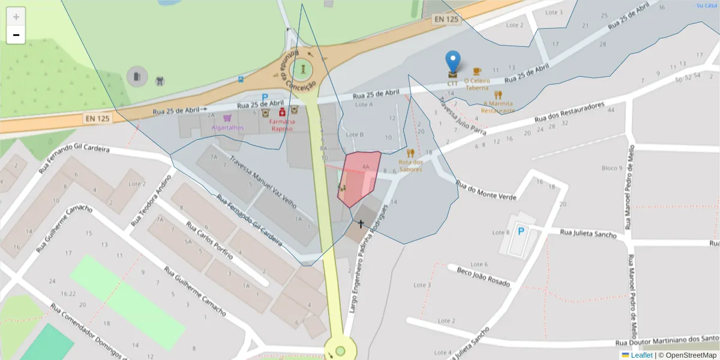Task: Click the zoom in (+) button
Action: point(16,17)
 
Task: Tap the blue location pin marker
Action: point(453,62)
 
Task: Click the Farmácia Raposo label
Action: point(281,125)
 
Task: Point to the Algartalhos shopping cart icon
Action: point(227,118)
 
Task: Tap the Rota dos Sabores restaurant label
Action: point(411,166)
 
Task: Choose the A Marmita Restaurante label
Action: point(498,107)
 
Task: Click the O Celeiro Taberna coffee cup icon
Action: point(477,71)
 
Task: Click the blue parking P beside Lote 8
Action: point(521,231)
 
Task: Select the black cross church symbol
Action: point(361,224)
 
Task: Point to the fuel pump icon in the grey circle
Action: point(137,76)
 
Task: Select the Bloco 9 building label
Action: point(612,168)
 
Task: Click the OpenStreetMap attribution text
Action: point(691,355)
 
